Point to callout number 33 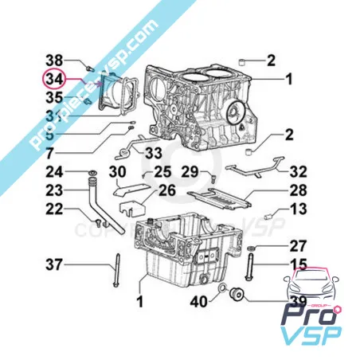pos(154,151)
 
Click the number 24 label pos(54,172)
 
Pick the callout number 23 pos(54,190)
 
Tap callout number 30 pos(117,173)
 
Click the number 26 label pos(166,190)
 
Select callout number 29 pos(189,172)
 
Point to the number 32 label pos(298,172)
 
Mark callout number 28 pos(298,190)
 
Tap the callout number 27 pos(298,245)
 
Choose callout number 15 pos(298,264)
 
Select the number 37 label pos(54,264)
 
